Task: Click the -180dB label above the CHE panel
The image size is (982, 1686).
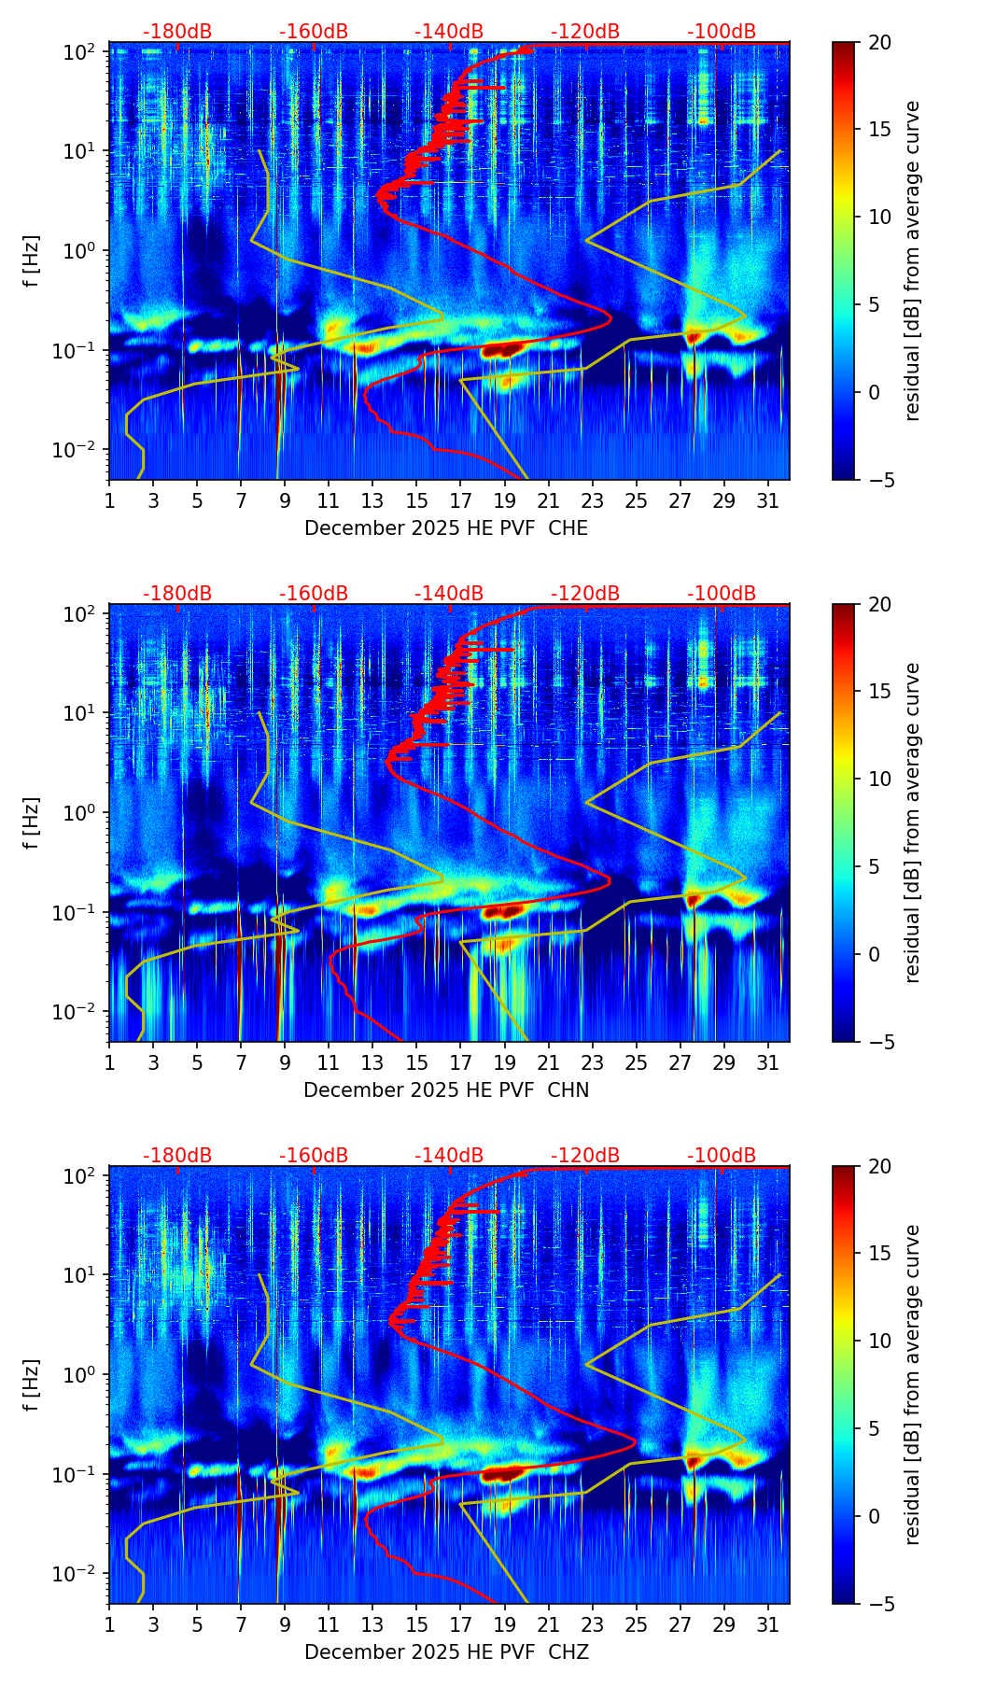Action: coord(177,32)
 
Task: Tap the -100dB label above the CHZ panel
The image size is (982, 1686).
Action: coord(722,1156)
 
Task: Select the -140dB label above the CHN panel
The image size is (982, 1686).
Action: coord(449,594)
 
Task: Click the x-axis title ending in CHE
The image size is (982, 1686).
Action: coord(446,528)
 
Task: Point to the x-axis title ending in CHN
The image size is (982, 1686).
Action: coord(446,1090)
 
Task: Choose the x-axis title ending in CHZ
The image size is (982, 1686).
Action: coord(446,1652)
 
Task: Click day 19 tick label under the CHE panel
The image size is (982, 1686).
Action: coord(504,500)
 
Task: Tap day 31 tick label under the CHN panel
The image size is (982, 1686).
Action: coord(767,1062)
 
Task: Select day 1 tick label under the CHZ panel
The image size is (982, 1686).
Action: coord(109,1624)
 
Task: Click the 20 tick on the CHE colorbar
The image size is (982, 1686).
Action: coord(879,42)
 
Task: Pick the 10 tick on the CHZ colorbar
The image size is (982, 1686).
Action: coord(879,1341)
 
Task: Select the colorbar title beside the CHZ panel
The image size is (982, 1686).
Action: coord(912,1384)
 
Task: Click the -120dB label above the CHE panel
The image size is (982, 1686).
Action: coord(585,32)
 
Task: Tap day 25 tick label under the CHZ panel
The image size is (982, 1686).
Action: coord(636,1624)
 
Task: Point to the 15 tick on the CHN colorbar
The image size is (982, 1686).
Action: coord(879,691)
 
